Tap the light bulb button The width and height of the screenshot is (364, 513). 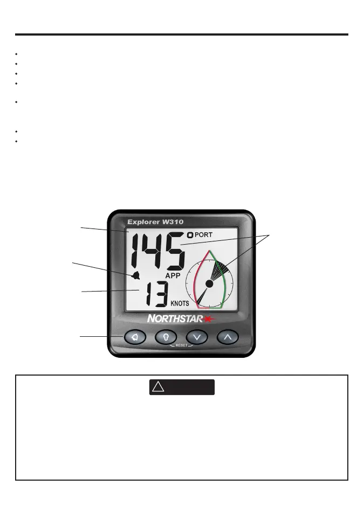(x=166, y=337)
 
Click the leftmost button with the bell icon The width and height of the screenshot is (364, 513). (x=135, y=337)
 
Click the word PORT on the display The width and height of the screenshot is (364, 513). (x=204, y=235)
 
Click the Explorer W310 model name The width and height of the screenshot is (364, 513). (x=155, y=222)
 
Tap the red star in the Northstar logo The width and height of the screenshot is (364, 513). (x=208, y=319)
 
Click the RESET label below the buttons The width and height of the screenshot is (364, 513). (x=182, y=345)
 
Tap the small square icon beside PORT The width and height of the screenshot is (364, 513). (x=190, y=235)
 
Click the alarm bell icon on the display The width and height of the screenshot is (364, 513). (x=135, y=276)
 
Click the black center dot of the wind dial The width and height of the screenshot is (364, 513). (x=210, y=283)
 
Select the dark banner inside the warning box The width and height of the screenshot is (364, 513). (x=182, y=387)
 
